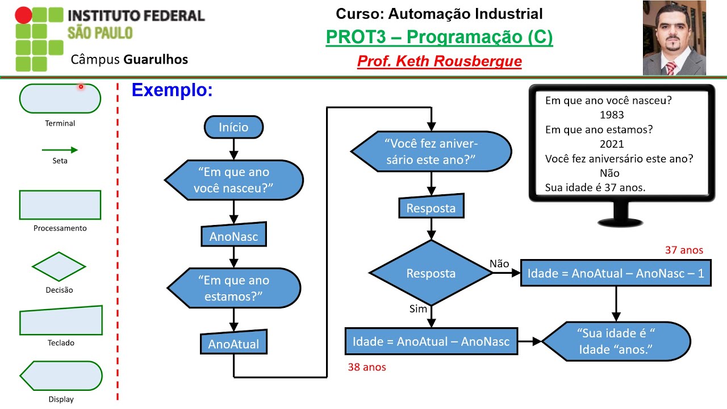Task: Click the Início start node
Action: [233, 127]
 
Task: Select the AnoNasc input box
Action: [233, 236]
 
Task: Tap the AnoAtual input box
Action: [233, 344]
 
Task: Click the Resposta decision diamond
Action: [431, 273]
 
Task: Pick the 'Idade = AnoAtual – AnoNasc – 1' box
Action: [616, 273]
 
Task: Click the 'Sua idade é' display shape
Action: [616, 341]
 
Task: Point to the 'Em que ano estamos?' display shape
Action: [233, 288]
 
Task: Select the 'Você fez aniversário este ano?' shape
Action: [431, 151]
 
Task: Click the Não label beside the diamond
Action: [499, 264]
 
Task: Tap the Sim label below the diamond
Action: [418, 309]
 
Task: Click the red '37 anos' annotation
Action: [684, 250]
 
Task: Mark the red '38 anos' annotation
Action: [367, 367]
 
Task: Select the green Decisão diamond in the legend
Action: [60, 266]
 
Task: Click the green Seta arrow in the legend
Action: [59, 150]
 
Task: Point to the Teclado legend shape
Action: [61, 321]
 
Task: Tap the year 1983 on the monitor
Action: [611, 115]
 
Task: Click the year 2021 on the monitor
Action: [611, 144]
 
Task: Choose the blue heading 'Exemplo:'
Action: [172, 90]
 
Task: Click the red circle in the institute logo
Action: [23, 15]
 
